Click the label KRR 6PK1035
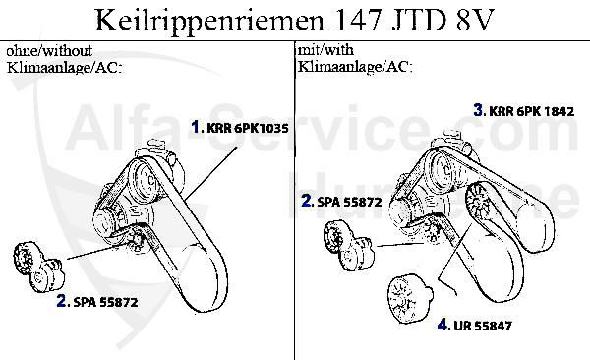point(247,127)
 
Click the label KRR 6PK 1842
point(531,111)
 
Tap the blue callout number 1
point(197,127)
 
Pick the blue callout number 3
point(478,110)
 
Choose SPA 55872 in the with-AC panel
point(349,202)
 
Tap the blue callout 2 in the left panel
point(62,303)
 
